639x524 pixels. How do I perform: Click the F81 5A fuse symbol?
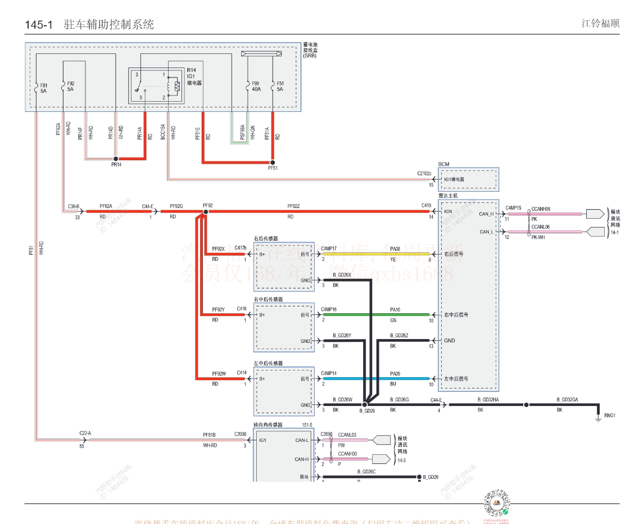37,87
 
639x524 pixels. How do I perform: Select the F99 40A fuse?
248,86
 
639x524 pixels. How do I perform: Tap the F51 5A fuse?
273,86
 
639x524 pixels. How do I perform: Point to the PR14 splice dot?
116,159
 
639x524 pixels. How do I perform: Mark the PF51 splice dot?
273,162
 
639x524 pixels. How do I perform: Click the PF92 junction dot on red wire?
206,212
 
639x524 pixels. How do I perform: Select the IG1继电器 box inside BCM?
469,180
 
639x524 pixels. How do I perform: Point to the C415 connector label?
427,206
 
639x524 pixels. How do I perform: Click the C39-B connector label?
74,206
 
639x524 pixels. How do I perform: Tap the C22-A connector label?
85,433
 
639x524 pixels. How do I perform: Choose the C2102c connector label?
424,174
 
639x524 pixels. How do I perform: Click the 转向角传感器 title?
268,425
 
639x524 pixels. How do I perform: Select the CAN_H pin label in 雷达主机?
486,214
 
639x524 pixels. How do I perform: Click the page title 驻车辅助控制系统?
109,25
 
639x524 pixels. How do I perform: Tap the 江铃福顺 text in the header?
600,24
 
